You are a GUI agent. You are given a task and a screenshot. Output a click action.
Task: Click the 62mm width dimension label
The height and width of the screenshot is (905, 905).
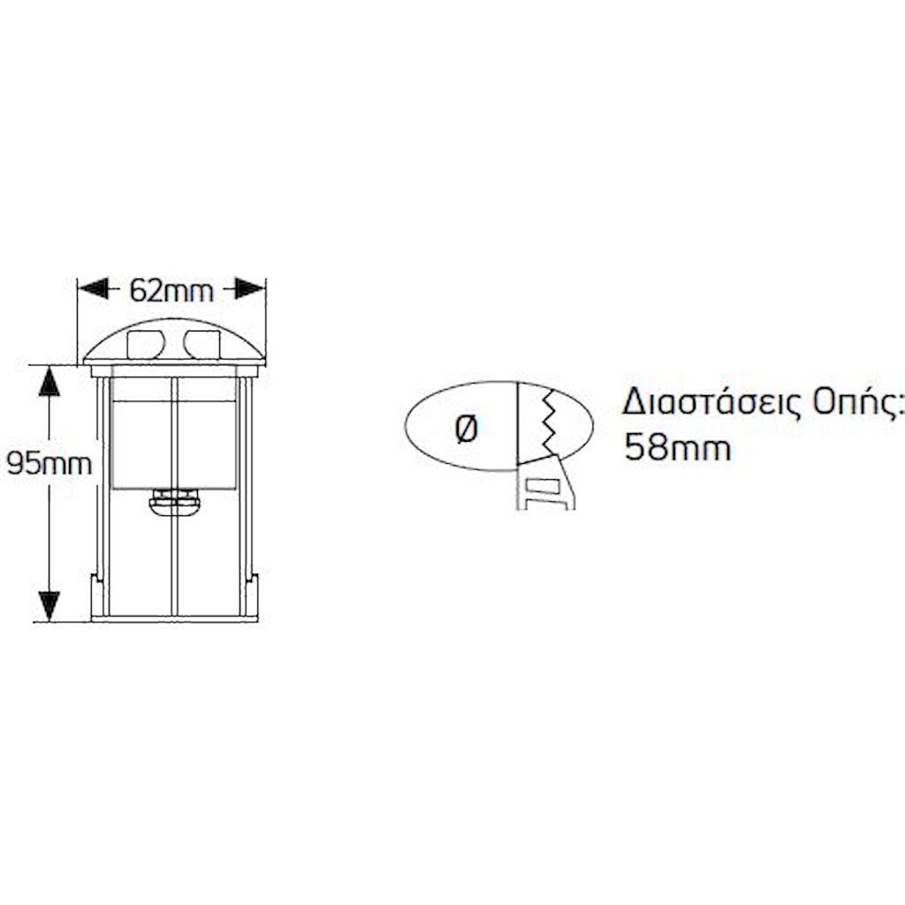(171, 290)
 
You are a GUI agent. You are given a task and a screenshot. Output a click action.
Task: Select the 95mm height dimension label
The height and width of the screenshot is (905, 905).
(49, 463)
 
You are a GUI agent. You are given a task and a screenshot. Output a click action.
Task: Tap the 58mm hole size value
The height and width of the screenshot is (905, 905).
(678, 447)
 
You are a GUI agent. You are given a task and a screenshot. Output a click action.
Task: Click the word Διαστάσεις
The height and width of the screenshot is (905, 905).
(712, 403)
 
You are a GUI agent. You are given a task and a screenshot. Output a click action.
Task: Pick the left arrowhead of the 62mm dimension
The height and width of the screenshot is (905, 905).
(94, 289)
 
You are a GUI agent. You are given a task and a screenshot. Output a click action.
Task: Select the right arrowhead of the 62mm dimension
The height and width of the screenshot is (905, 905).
(249, 289)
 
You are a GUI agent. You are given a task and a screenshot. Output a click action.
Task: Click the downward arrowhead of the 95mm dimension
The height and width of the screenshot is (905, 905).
(49, 606)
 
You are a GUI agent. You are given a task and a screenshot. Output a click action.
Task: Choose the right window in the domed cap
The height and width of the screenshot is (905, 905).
(202, 345)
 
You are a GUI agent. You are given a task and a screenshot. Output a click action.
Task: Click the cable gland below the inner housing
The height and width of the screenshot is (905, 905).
(174, 503)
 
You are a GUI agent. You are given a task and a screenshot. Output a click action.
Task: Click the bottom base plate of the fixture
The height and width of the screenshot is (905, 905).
(174, 619)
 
